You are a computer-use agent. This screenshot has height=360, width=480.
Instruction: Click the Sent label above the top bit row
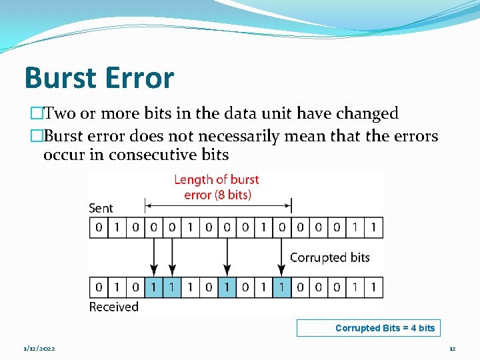[101, 208]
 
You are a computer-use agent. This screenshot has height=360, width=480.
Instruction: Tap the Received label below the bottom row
[113, 307]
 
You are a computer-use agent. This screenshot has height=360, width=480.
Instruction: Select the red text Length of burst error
[216, 187]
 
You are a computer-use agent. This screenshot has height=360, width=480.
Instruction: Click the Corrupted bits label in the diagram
[329, 257]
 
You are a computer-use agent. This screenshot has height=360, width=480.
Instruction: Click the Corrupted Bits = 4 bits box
[368, 328]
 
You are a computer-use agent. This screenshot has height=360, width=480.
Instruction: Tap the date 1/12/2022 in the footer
[40, 349]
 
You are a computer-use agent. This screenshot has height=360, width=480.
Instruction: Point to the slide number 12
[452, 349]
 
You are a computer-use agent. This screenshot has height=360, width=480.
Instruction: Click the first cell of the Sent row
[99, 228]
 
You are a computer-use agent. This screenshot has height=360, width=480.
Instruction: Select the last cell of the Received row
[373, 287]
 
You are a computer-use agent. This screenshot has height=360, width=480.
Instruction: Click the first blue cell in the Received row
[154, 287]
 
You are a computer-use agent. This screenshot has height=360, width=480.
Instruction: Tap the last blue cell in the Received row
[282, 287]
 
